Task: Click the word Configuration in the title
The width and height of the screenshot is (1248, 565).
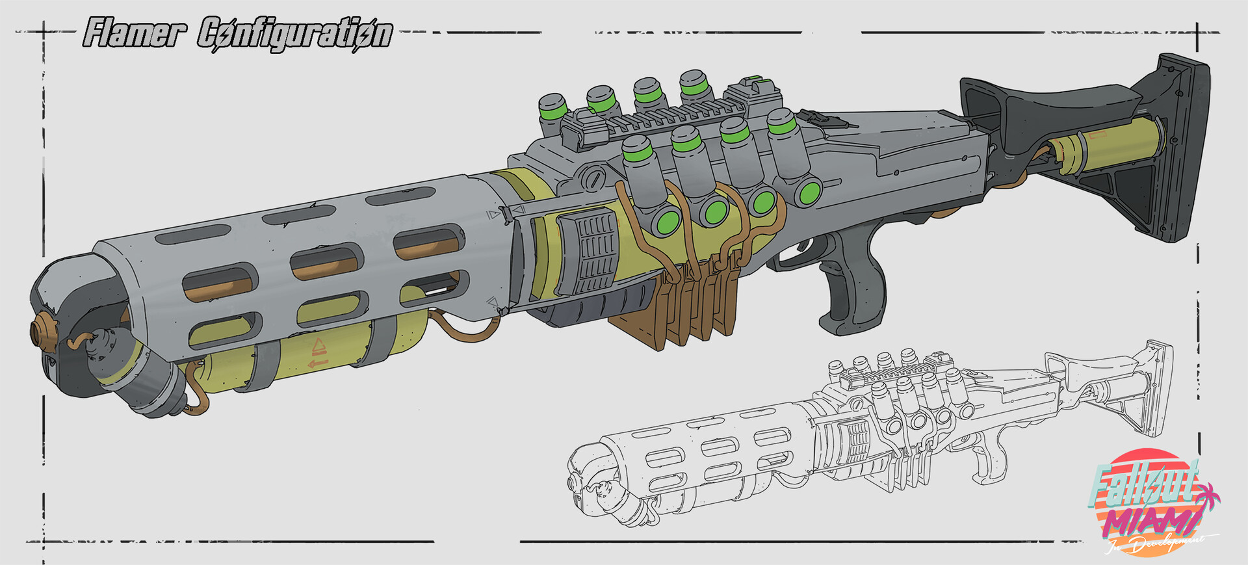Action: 294,34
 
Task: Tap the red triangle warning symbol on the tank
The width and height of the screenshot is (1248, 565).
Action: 318,345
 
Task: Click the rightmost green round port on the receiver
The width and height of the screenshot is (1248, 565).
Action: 809,192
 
